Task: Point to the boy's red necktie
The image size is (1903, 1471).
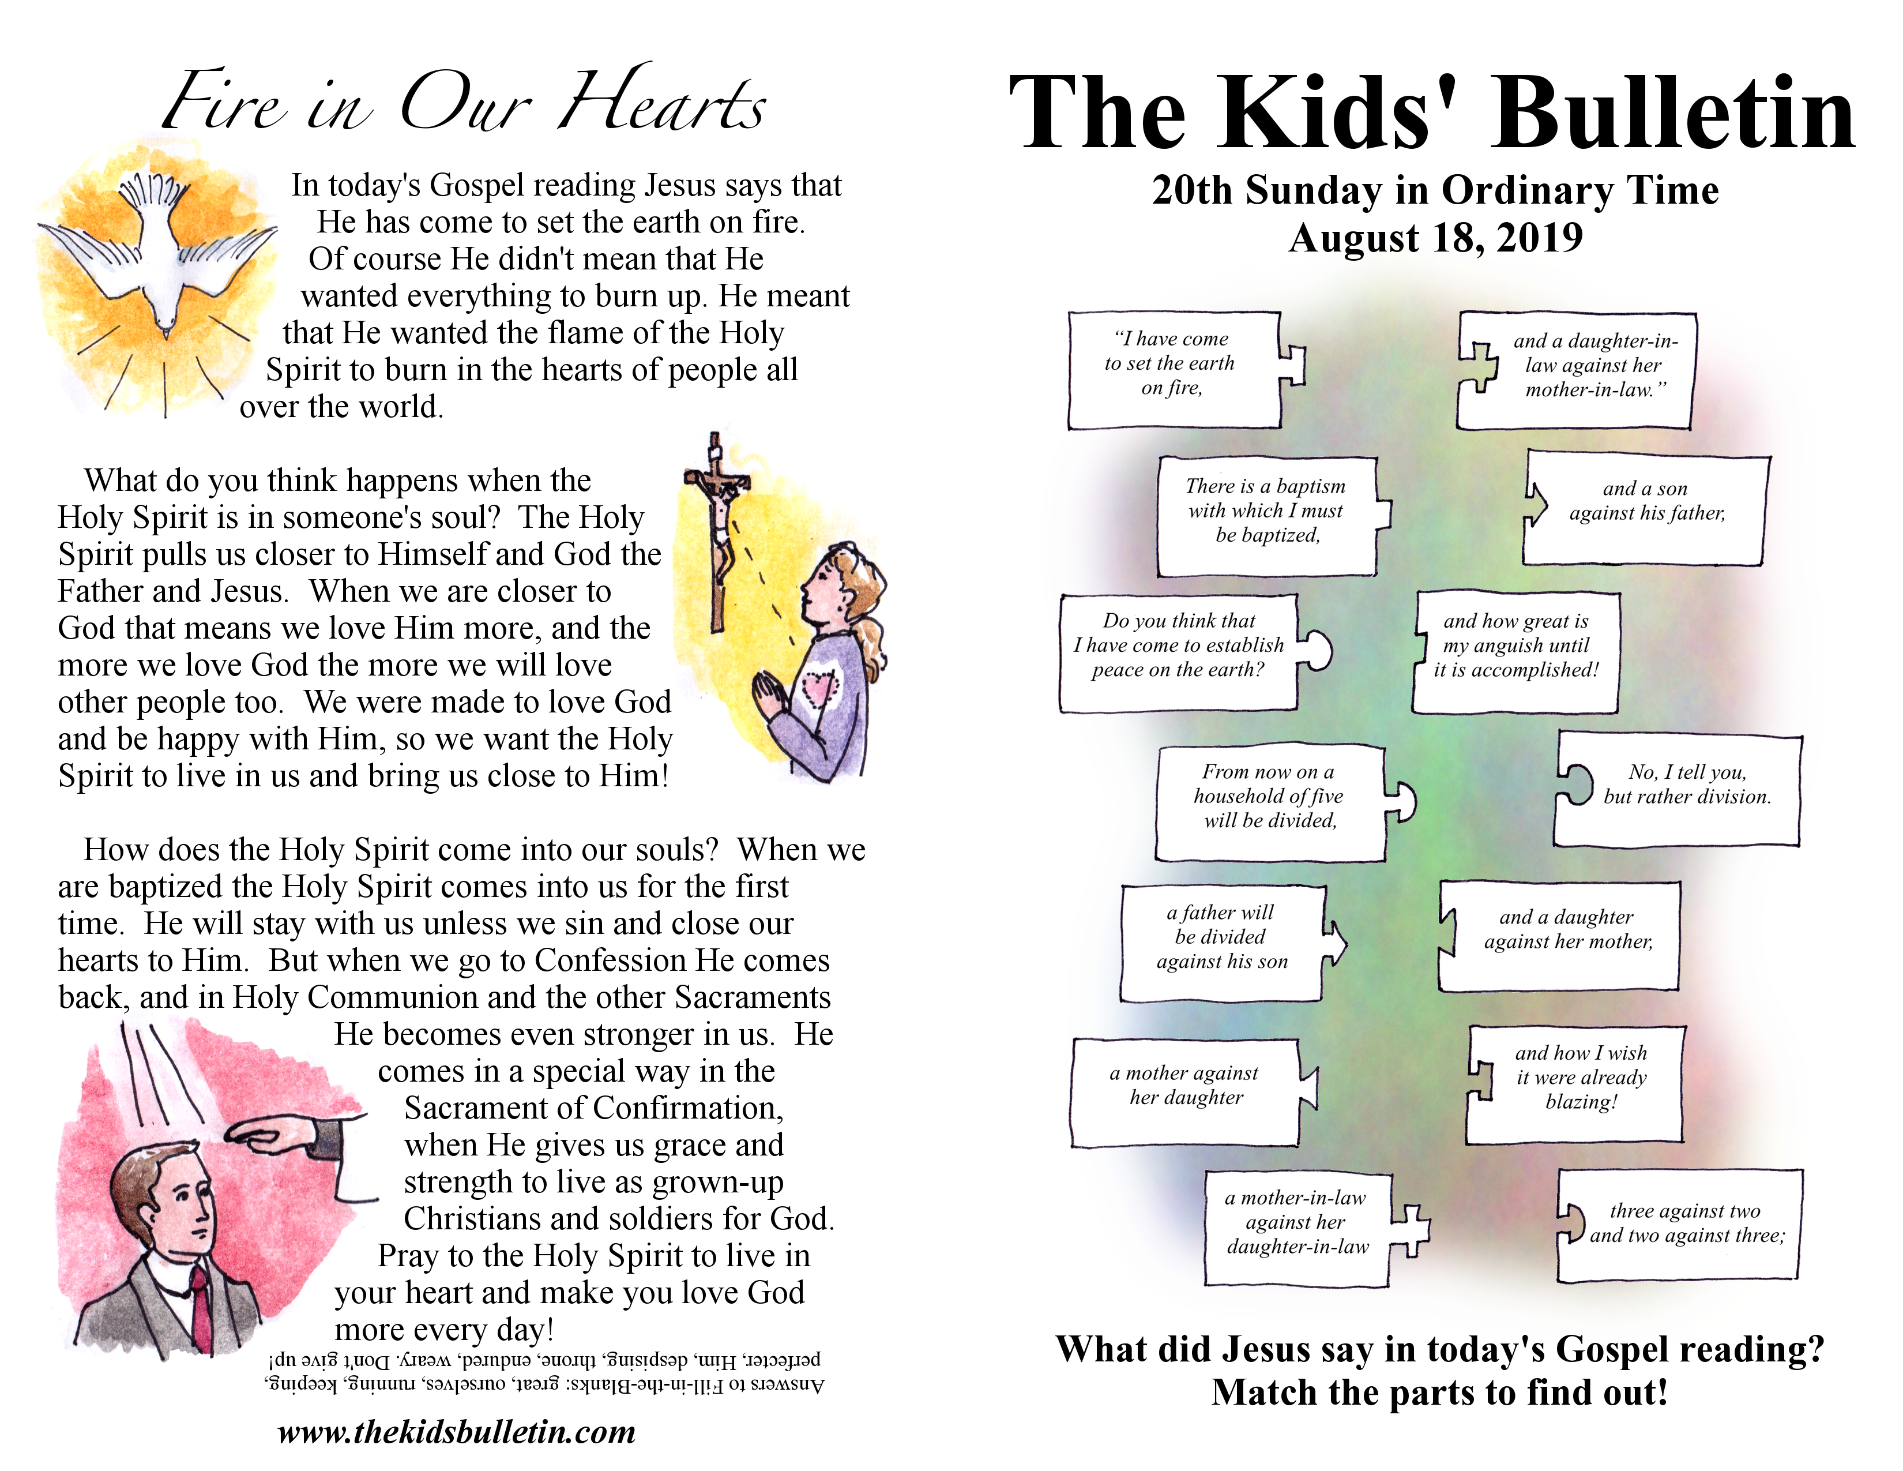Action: click(202, 1307)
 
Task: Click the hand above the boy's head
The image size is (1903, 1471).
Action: click(270, 1134)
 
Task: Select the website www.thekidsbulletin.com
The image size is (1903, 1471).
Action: click(457, 1432)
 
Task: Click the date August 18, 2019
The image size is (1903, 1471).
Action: click(1435, 238)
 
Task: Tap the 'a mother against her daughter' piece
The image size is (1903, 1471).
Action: click(1185, 1089)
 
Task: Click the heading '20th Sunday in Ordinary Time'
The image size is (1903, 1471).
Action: click(1435, 190)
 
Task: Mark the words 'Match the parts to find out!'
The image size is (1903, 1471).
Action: click(1439, 1393)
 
